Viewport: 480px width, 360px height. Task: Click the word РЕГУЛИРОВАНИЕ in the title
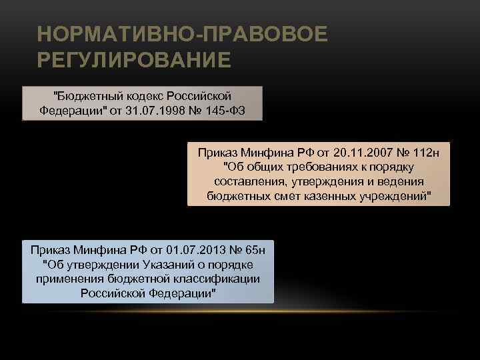pos(135,61)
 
